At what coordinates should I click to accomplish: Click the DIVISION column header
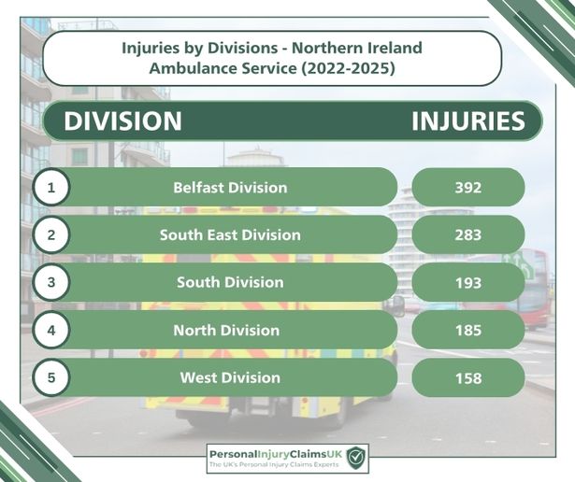point(122,120)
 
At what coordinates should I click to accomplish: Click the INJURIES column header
point(468,120)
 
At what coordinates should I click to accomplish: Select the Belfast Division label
point(230,188)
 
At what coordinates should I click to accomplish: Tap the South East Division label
point(230,234)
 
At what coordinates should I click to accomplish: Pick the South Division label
point(230,282)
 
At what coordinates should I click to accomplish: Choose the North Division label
point(226,331)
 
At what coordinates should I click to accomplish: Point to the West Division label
point(230,377)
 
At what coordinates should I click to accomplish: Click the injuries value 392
point(468,188)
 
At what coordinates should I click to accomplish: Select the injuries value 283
point(468,234)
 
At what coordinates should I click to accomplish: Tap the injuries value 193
point(468,283)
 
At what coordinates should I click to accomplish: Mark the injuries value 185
point(468,331)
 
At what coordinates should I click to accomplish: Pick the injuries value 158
point(468,378)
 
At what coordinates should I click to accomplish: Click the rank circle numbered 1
point(51,188)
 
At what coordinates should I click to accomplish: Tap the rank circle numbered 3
point(51,282)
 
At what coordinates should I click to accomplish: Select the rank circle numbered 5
point(51,377)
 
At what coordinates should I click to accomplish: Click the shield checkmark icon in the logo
point(356,457)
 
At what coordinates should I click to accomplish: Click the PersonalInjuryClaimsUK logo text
point(276,454)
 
